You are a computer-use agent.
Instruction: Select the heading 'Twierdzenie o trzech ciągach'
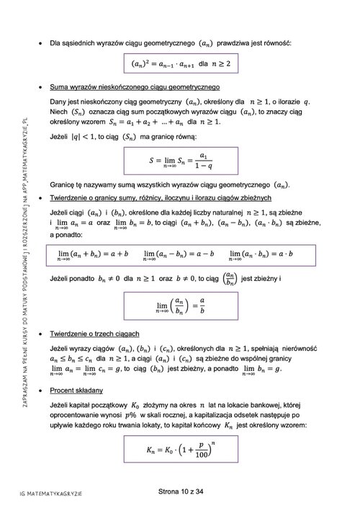(x=99, y=334)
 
